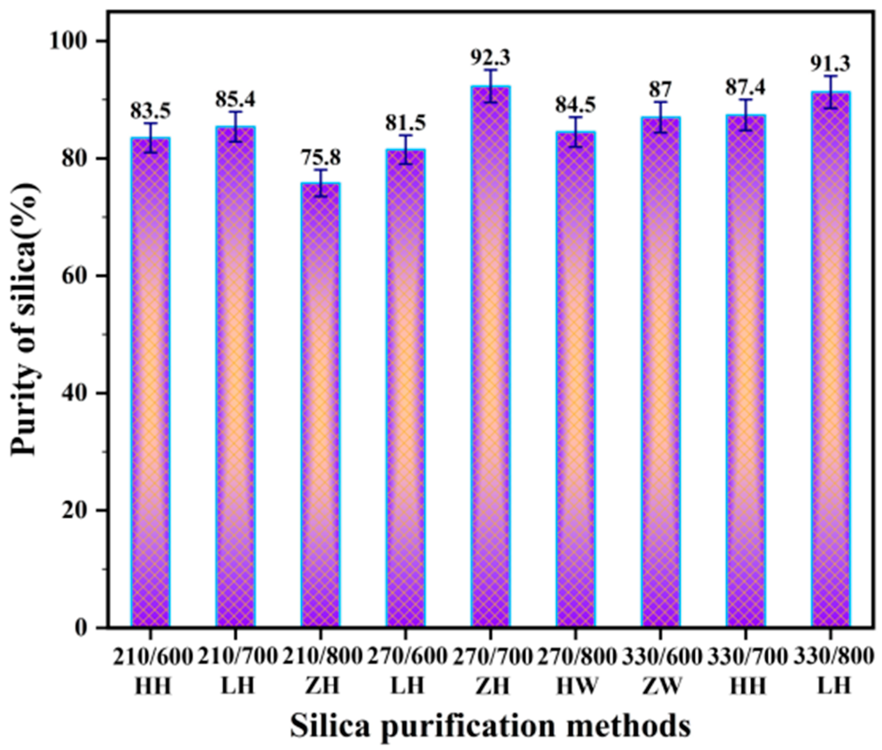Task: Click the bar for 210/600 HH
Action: [x=150, y=383]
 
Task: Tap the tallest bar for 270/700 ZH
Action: [x=490, y=357]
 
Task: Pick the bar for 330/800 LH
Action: [x=830, y=359]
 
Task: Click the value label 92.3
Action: [x=490, y=58]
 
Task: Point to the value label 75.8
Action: [x=321, y=158]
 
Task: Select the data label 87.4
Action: [x=745, y=88]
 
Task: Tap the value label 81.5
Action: [x=406, y=123]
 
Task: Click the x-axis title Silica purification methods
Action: [x=490, y=726]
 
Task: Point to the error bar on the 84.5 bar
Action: [x=575, y=132]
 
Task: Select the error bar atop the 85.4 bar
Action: [x=236, y=126]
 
